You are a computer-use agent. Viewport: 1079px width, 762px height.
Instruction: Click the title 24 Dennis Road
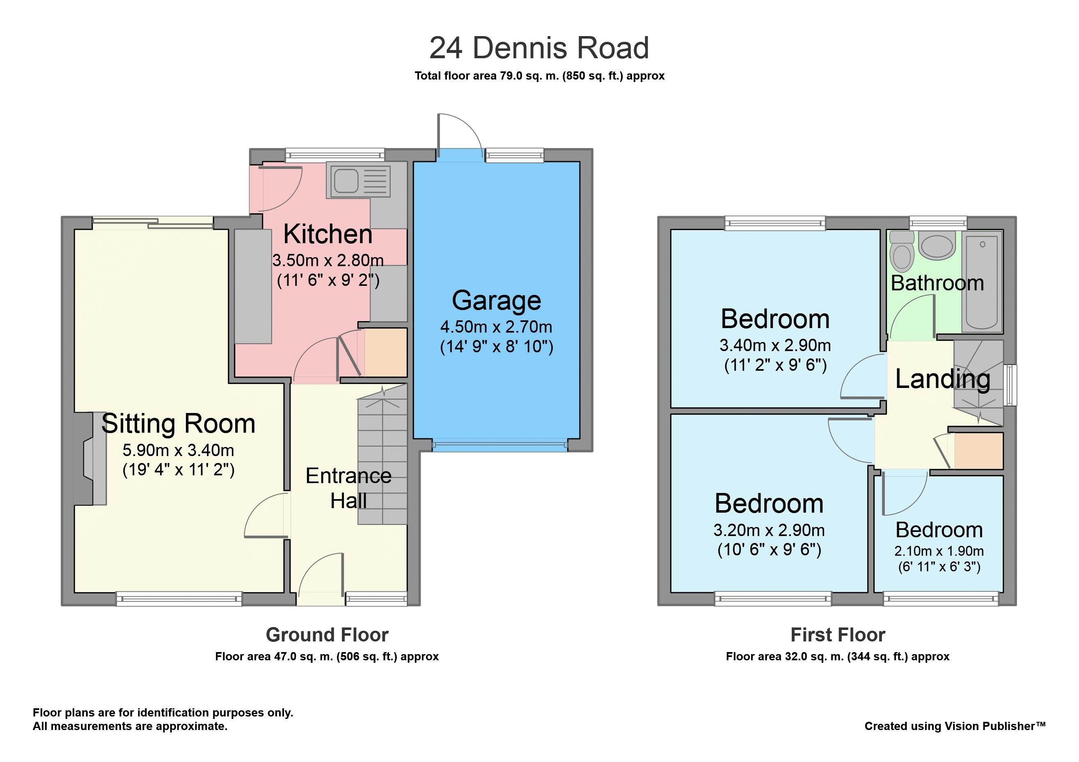click(x=539, y=48)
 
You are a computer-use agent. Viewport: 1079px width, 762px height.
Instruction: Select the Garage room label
click(x=496, y=300)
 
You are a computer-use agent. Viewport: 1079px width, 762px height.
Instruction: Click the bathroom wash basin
click(x=937, y=244)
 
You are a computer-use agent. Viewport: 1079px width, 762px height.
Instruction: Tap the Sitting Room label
click(x=178, y=424)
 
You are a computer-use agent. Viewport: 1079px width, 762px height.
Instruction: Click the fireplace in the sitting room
click(x=90, y=459)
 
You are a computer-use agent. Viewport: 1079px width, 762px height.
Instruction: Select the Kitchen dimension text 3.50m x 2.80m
click(x=328, y=260)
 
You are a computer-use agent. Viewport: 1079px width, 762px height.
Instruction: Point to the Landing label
click(x=943, y=379)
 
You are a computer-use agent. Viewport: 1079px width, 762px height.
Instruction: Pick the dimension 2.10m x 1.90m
click(x=939, y=551)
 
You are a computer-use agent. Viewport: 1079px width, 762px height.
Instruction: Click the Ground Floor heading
click(x=327, y=635)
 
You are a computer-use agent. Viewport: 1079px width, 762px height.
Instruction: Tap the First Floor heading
click(x=838, y=635)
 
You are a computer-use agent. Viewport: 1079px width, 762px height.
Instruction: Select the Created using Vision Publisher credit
click(x=955, y=726)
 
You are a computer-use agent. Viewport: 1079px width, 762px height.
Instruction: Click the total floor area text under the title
click(x=539, y=76)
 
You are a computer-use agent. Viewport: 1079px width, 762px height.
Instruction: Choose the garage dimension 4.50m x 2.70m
click(x=496, y=327)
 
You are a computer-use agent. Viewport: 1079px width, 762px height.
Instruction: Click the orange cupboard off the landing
click(x=979, y=451)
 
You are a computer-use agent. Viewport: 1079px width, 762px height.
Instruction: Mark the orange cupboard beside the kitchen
click(x=386, y=352)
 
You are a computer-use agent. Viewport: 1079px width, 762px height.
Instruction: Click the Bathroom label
click(x=937, y=283)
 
